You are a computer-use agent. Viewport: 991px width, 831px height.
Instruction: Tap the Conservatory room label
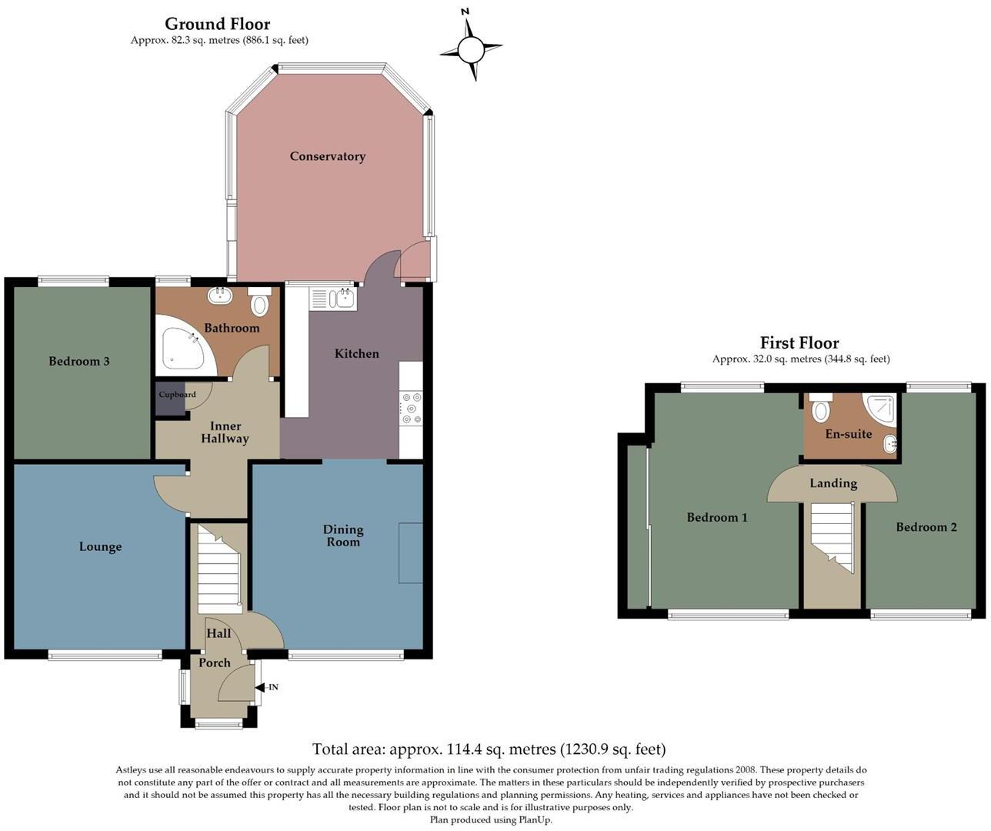click(x=327, y=156)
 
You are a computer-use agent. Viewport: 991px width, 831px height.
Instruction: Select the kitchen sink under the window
click(x=332, y=299)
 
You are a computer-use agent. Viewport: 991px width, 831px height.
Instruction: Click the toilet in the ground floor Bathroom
click(x=260, y=302)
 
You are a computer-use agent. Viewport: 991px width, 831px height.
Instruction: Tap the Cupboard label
click(x=177, y=395)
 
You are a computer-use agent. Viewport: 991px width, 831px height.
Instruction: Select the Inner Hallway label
click(x=225, y=432)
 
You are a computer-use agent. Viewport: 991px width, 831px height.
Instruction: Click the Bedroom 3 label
click(x=79, y=361)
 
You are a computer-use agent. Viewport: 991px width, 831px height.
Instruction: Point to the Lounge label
click(x=100, y=547)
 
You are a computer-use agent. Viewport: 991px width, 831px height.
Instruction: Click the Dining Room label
click(x=343, y=536)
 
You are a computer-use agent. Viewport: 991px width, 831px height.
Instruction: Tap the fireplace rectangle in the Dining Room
click(x=411, y=553)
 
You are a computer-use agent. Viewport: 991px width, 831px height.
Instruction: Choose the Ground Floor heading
click(x=218, y=25)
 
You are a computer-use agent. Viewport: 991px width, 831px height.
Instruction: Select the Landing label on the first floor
click(x=833, y=483)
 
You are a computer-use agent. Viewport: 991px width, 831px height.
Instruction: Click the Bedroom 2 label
click(x=926, y=527)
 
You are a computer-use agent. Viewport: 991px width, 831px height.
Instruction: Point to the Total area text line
click(x=489, y=749)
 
